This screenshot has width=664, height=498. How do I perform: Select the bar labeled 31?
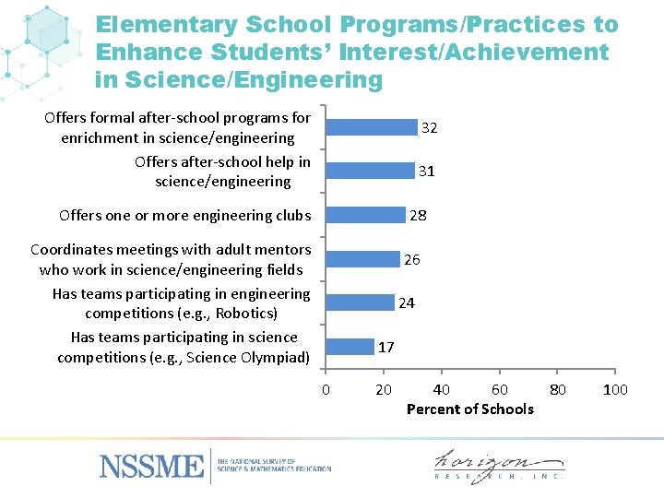tap(370, 171)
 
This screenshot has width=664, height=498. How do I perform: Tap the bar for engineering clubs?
tap(365, 215)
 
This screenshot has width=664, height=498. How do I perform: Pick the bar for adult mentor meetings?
tap(362, 259)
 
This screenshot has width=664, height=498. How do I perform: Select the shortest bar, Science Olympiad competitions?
tap(350, 347)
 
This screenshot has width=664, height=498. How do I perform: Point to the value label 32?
tap(429, 128)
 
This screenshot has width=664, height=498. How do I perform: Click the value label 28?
tap(418, 215)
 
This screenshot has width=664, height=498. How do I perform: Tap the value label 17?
tap(386, 347)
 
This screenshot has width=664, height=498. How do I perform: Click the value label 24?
tap(407, 302)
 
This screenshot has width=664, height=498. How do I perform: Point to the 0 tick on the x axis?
tap(326, 390)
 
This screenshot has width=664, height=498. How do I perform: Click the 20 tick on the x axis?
tap(384, 390)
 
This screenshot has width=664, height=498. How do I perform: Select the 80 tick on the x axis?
tap(558, 390)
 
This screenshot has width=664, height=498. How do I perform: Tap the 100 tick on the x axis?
tap(615, 390)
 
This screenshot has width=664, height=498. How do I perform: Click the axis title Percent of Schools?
tap(469, 409)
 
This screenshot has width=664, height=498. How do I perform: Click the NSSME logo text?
tap(151, 465)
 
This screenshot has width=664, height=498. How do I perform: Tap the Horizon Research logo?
tap(498, 465)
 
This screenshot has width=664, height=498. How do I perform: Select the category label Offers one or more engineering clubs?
tap(185, 215)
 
